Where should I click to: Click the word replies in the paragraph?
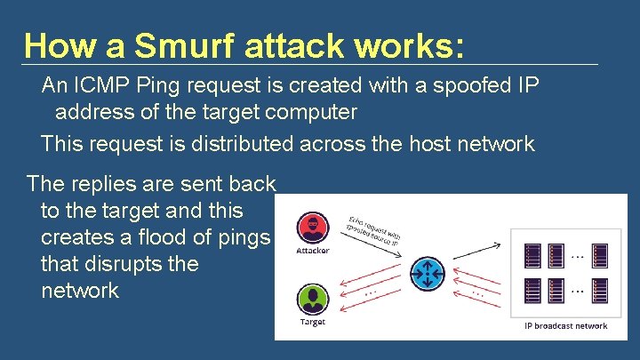click(x=104, y=184)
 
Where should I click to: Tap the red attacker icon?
click(x=313, y=228)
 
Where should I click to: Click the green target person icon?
click(x=313, y=297)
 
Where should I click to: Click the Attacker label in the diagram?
click(x=313, y=251)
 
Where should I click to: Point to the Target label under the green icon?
click(x=313, y=322)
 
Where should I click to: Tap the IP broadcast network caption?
click(x=565, y=326)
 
